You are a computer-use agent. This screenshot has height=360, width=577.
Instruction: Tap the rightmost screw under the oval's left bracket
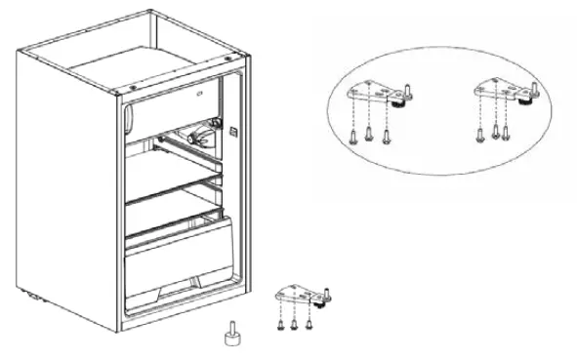[x=389, y=133]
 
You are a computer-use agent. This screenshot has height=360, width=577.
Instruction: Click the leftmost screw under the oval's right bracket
[x=479, y=133]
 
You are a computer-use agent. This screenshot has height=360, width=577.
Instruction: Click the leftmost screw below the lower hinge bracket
[x=279, y=323]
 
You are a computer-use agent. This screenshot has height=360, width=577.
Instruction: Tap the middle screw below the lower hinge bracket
[x=294, y=323]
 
